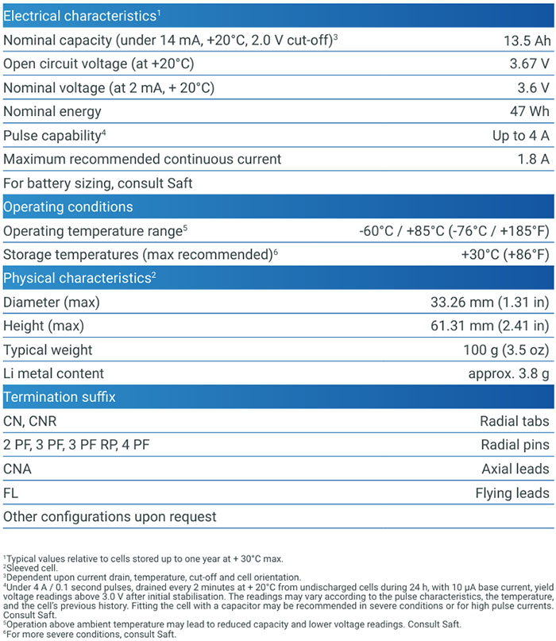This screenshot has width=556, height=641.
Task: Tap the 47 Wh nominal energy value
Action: tap(529, 111)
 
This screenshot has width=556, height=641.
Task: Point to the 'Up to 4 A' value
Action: tap(520, 135)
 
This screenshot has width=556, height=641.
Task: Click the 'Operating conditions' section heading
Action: tap(68, 207)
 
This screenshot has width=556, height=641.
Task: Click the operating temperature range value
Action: tap(454, 231)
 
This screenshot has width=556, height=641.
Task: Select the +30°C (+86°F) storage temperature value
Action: tap(505, 255)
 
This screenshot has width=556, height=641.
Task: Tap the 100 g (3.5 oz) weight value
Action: tap(505, 350)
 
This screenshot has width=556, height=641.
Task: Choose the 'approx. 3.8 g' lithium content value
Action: tap(509, 374)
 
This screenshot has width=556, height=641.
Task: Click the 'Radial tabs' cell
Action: tap(514, 421)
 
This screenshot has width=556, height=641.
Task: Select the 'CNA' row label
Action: tap(17, 469)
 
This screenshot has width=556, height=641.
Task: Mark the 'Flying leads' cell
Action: tap(512, 493)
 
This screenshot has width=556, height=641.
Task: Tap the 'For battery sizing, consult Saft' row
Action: tap(98, 183)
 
